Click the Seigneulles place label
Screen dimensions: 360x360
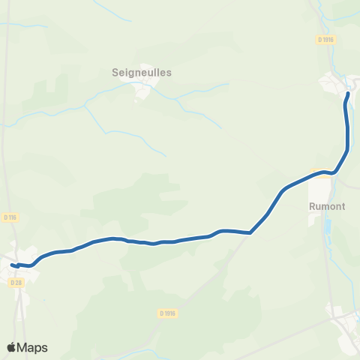pyautogui.click(x=142, y=73)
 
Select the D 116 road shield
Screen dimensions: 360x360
pyautogui.click(x=10, y=217)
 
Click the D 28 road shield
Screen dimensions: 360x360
pyautogui.click(x=16, y=282)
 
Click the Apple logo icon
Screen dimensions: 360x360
pyautogui.click(x=11, y=347)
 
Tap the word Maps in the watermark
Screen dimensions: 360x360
pyautogui.click(x=33, y=347)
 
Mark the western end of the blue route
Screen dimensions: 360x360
pyautogui.click(x=12, y=264)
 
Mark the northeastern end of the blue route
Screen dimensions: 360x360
pyautogui.click(x=348, y=94)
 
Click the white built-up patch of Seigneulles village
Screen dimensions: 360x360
pyautogui.click(x=142, y=91)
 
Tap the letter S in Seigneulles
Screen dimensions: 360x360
pyautogui.click(x=114, y=73)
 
